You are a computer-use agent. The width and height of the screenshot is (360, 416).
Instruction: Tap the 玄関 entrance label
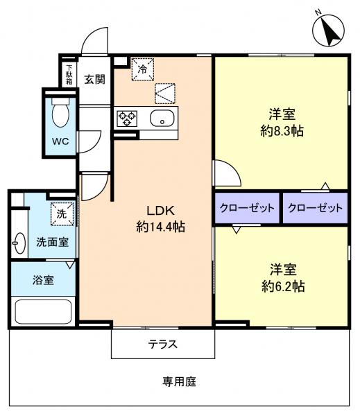click(x=95, y=79)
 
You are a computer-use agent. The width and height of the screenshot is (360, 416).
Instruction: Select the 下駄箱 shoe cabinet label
click(x=69, y=76)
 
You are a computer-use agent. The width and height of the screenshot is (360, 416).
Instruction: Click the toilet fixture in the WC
click(x=60, y=112)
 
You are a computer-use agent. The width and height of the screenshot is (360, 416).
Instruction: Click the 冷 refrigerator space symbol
click(x=142, y=69)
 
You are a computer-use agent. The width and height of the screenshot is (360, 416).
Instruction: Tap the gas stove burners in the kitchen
click(x=128, y=117)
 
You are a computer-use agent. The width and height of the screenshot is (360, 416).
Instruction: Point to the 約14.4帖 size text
click(x=160, y=225)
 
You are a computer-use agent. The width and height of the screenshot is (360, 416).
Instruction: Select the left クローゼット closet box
click(x=247, y=208)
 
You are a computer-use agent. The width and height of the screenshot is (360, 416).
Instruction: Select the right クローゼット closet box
click(x=315, y=208)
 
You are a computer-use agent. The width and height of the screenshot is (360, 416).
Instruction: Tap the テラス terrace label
click(x=162, y=344)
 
